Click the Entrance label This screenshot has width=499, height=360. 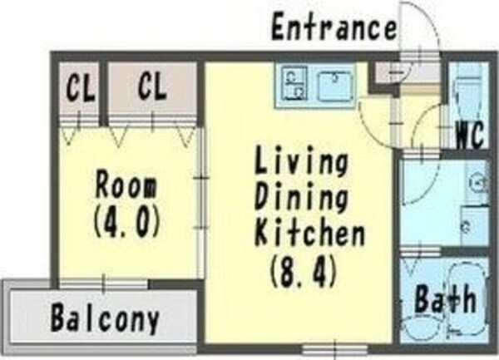334,26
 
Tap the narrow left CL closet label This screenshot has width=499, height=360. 81,86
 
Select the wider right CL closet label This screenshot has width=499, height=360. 152,86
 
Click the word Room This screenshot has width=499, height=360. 126,185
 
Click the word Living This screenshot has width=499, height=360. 301,161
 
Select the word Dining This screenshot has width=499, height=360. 301,197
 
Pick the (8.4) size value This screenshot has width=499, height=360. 303,272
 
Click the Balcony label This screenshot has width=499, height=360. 105,318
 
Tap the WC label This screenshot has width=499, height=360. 470,136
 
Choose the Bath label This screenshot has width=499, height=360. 446,298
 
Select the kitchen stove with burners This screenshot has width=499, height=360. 295,82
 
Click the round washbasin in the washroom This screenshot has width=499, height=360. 477,183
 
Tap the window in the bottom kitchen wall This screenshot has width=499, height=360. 335,350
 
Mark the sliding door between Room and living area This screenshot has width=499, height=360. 200,202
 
